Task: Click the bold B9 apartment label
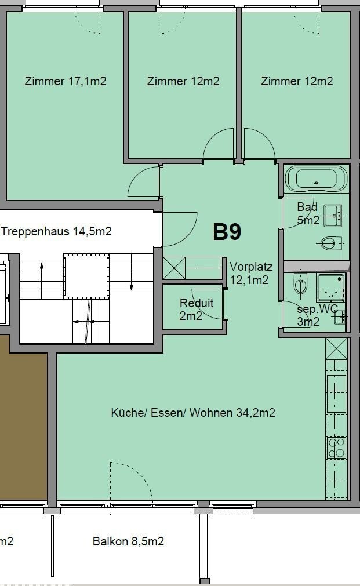click(x=227, y=232)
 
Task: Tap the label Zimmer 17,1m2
click(x=66, y=81)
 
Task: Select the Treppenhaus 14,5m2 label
click(x=56, y=231)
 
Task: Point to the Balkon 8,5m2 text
click(x=128, y=541)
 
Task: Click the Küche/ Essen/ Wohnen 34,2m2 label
click(x=193, y=413)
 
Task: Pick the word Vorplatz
click(x=251, y=267)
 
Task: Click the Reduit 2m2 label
click(x=197, y=310)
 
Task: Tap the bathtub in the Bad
click(x=317, y=179)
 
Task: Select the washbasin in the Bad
click(x=333, y=216)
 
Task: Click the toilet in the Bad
click(x=331, y=244)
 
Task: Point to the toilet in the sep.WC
click(x=300, y=285)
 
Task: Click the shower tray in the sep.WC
click(x=330, y=287)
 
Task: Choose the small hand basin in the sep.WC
click(x=340, y=317)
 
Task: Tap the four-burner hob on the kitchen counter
click(x=336, y=447)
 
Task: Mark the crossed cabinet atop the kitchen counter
click(x=336, y=349)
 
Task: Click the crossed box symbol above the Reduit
click(x=174, y=268)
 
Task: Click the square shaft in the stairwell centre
click(x=86, y=276)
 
